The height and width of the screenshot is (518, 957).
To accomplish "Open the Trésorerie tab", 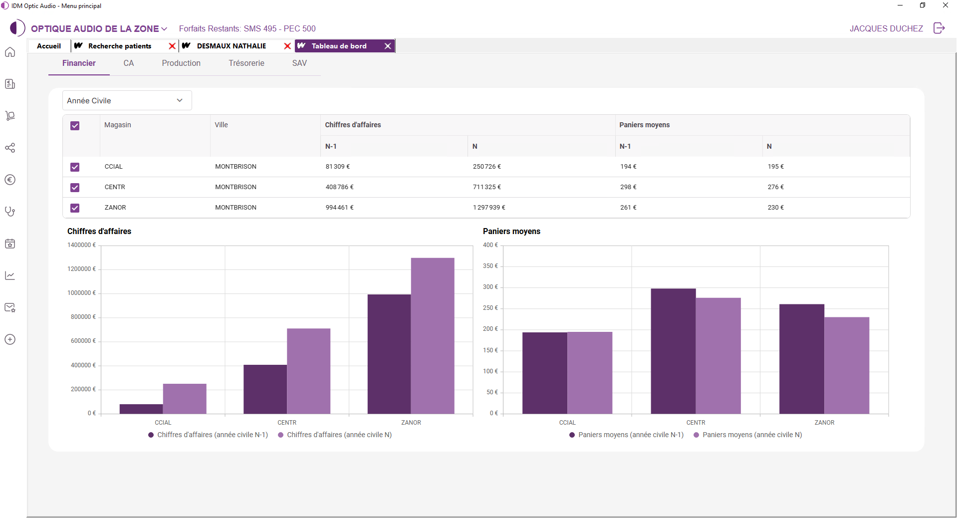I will tap(246, 63).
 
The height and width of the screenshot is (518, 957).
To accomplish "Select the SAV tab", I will tap(299, 63).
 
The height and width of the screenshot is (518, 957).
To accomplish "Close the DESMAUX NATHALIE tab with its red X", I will tap(287, 46).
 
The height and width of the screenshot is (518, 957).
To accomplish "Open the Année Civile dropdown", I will tap(127, 100).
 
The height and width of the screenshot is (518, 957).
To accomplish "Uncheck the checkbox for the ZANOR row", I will tap(75, 208).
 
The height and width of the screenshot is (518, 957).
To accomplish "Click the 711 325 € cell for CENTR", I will tap(486, 187).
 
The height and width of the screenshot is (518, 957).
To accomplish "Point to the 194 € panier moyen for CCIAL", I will tap(628, 167).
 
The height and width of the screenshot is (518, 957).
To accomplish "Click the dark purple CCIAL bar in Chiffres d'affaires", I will tap(141, 409).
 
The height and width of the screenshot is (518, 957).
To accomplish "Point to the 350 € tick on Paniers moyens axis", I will tap(490, 266).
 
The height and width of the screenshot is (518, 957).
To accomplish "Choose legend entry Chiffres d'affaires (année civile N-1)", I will tap(208, 435).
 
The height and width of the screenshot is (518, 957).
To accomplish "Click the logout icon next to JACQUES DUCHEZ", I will tap(939, 28).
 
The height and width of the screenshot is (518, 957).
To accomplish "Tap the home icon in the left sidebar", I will tap(10, 52).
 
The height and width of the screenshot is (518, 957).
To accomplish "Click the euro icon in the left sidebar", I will tap(10, 180).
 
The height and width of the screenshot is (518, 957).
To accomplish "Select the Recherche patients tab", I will tap(120, 46).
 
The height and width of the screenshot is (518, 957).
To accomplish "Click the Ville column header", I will tap(221, 125).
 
